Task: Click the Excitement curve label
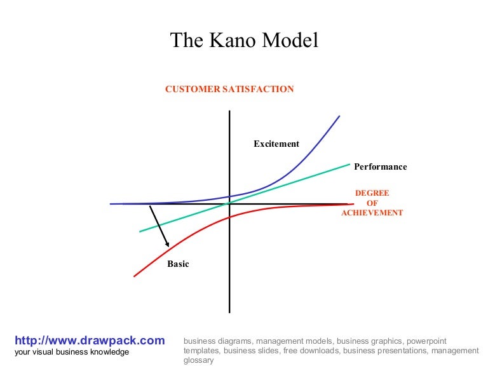pos(276,144)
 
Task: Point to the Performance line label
pos(380,167)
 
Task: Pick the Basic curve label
pos(178,264)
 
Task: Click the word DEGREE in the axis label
pos(372,193)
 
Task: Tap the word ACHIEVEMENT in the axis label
pos(372,213)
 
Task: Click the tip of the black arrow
pos(168,246)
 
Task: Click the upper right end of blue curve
pos(340,116)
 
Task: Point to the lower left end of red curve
pos(133,276)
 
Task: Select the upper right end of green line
pos(350,164)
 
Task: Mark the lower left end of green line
pos(139,231)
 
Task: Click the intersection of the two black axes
pos(229,204)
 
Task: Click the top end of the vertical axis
pos(229,111)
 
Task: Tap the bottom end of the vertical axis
pos(229,313)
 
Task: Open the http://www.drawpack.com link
pos(90,341)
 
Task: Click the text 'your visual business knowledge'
pos(72,352)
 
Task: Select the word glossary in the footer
pos(198,360)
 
